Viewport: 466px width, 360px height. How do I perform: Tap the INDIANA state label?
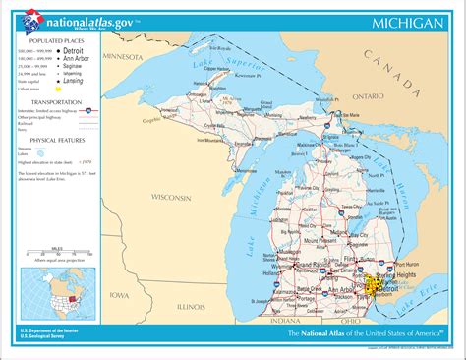pos(287,320)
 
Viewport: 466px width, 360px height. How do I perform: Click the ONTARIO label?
pos(369,97)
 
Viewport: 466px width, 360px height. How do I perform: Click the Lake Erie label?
pos(425,294)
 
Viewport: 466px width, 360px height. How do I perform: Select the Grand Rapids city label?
pos(307,266)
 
